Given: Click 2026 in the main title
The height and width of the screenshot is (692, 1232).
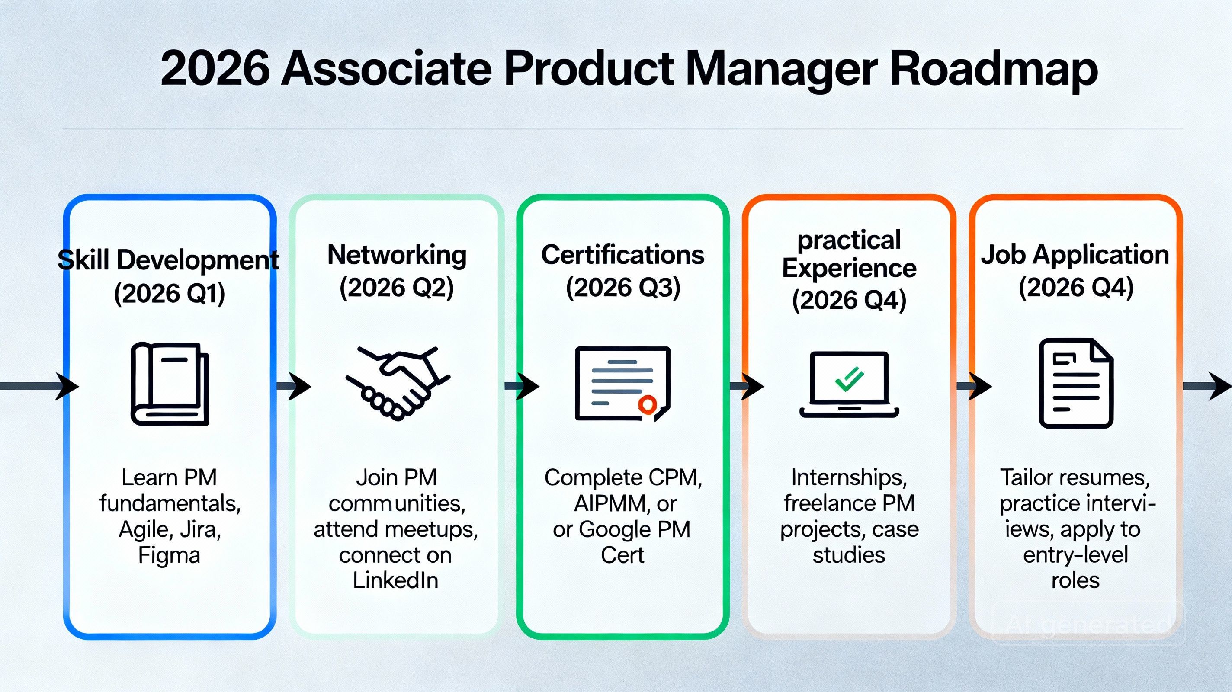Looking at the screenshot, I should (x=215, y=70).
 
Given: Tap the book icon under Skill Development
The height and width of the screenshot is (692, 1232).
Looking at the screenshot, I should (x=170, y=384).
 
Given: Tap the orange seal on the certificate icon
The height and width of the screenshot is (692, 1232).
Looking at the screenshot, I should (x=647, y=404).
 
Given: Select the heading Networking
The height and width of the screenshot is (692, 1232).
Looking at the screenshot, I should (x=397, y=255).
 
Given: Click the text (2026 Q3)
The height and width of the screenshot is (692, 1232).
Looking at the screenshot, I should (x=622, y=288).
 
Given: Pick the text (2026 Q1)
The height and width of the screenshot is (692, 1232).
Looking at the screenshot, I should (x=169, y=293).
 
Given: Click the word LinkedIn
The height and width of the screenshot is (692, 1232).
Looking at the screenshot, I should (x=395, y=580).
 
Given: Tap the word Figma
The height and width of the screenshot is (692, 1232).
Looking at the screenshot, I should (x=169, y=556).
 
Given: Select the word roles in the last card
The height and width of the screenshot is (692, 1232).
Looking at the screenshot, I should (x=1075, y=580).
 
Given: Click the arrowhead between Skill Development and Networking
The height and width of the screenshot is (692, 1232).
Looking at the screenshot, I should (x=299, y=386).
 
